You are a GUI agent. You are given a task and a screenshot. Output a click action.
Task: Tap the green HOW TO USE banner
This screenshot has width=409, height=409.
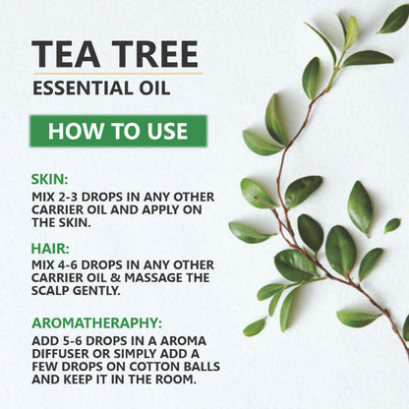(117, 131)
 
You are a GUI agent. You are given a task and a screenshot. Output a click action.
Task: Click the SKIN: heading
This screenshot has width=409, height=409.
(50, 180)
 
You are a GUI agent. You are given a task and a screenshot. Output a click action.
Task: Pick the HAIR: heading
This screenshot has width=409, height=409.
(50, 250)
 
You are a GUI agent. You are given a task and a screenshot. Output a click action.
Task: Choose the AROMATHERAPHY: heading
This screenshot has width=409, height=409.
(95, 321)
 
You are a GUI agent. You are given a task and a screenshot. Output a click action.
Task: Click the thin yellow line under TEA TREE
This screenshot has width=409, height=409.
(116, 74)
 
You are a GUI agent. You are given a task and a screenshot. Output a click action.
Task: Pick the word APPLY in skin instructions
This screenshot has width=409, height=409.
(149, 209)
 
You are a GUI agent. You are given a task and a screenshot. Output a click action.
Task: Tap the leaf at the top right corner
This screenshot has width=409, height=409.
(392, 19)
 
